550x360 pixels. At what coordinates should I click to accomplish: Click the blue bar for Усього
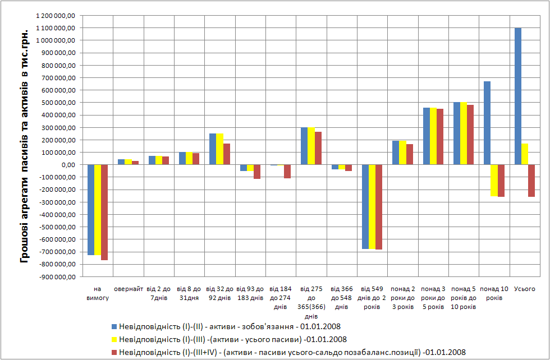[x=517, y=96]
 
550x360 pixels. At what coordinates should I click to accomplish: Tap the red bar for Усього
[x=531, y=181]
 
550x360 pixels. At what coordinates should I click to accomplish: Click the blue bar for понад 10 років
[x=487, y=123]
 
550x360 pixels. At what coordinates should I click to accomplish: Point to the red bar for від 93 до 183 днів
[x=256, y=172]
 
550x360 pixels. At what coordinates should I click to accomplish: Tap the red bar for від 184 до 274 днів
[x=287, y=171]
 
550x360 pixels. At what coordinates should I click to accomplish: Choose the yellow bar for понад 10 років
[x=494, y=180]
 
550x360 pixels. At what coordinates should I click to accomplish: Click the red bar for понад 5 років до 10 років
[x=470, y=135]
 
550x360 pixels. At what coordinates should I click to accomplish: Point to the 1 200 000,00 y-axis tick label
[x=56, y=15]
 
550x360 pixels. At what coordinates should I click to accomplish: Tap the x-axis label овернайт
[x=128, y=289]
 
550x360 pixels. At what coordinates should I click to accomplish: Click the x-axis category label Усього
[x=524, y=289]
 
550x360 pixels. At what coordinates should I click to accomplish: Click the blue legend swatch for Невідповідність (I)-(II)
[x=114, y=326]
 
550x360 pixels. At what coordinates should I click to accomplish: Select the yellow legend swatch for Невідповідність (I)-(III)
[x=114, y=339]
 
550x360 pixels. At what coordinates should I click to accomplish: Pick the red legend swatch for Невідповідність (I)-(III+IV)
[x=114, y=352]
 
